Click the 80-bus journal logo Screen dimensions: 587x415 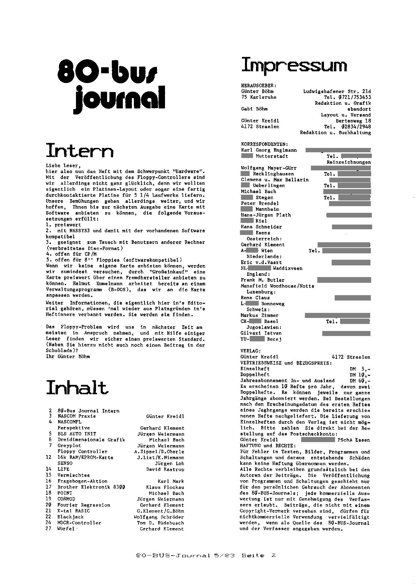coord(111,86)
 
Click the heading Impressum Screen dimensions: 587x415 coord(294,65)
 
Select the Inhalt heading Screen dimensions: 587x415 coord(77,388)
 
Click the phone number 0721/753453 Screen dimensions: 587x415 coord(355,97)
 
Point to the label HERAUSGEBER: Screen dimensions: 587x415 coord(259,85)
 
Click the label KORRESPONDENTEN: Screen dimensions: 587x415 coord(264,144)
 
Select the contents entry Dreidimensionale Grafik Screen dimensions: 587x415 coord(91,440)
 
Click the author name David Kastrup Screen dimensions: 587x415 coord(165,469)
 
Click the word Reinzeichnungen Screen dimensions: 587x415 coord(349,162)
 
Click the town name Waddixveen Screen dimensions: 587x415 coord(287,268)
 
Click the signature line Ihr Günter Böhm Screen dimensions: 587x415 coord(68,356)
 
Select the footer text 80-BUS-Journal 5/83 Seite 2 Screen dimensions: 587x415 coord(206,555)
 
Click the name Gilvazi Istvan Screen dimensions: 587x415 coord(261,333)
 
